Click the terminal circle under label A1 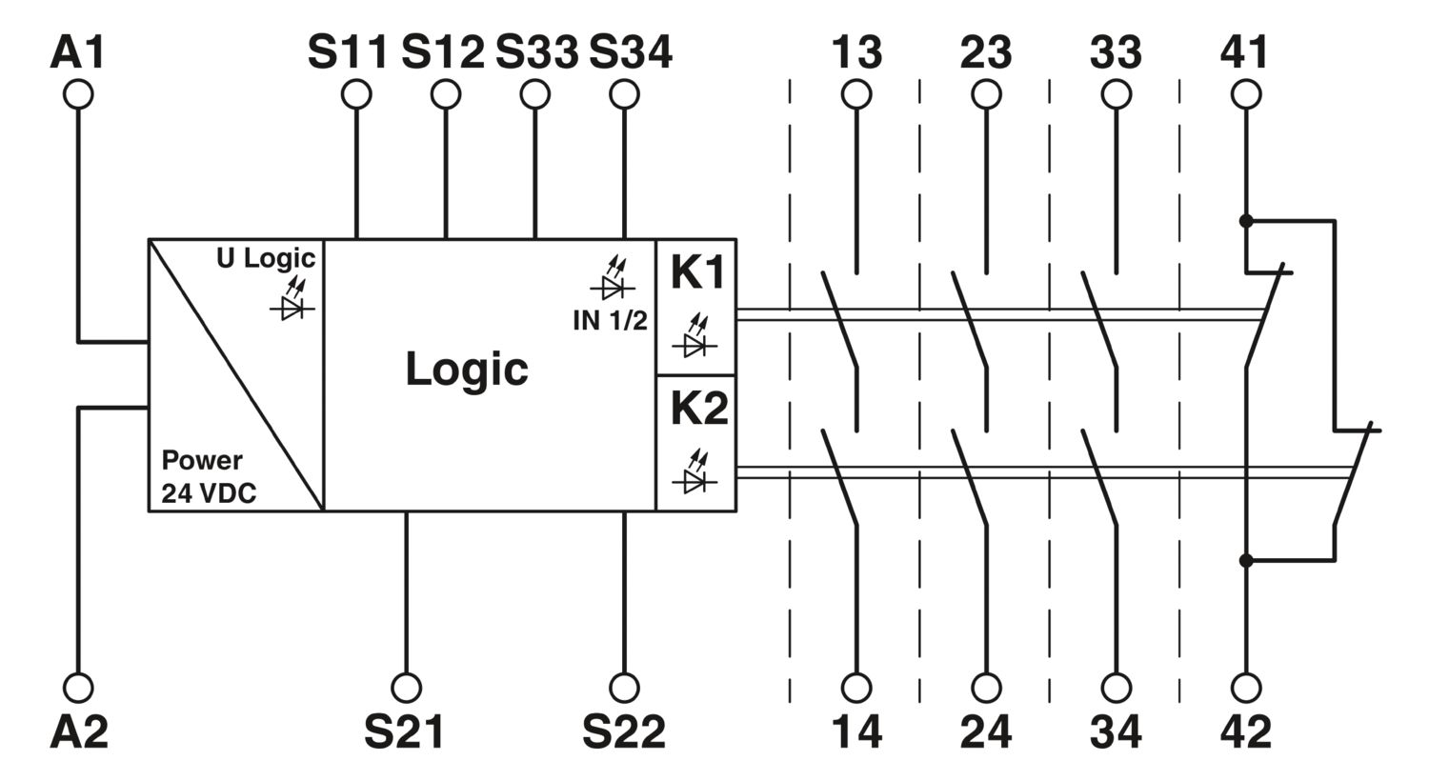click(78, 94)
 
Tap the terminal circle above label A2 click(78, 688)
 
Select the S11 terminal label click(348, 52)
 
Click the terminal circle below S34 click(624, 94)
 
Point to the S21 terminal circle click(406, 688)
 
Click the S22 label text click(624, 731)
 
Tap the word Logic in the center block click(467, 370)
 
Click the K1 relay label click(698, 272)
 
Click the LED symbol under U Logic click(292, 299)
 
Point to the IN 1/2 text click(610, 321)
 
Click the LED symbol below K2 click(694, 471)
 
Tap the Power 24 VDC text click(209, 477)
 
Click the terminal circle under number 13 click(856, 94)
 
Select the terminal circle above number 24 click(986, 688)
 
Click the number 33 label click(1116, 52)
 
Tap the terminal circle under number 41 click(1246, 94)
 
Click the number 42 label click(1246, 731)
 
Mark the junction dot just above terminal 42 click(1246, 561)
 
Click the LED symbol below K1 click(694, 335)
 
